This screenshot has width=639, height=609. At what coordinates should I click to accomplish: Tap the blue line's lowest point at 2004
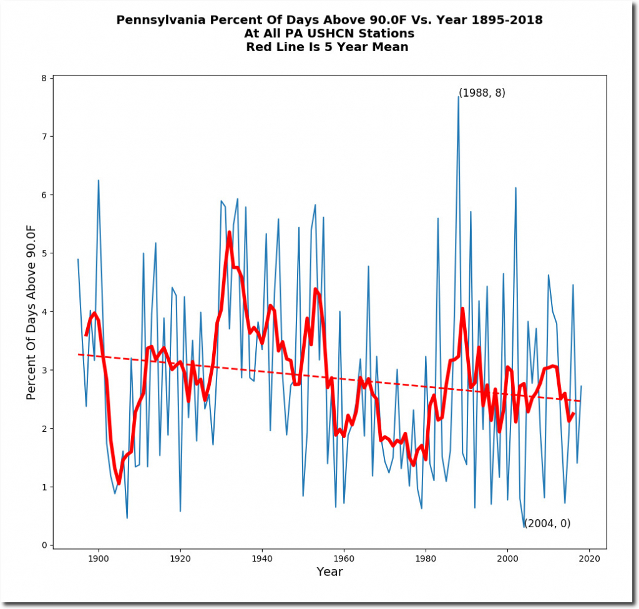(x=524, y=527)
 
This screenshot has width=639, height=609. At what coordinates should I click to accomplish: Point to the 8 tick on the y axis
(x=44, y=79)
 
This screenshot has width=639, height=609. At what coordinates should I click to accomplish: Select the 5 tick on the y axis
(x=44, y=253)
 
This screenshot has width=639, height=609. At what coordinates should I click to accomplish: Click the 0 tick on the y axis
(x=44, y=545)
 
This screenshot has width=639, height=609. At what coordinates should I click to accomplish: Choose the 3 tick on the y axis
(x=44, y=370)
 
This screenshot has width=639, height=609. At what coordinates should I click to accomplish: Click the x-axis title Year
(x=329, y=572)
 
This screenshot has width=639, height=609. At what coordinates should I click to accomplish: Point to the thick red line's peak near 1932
(x=230, y=232)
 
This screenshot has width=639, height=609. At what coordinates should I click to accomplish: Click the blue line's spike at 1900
(x=98, y=181)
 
